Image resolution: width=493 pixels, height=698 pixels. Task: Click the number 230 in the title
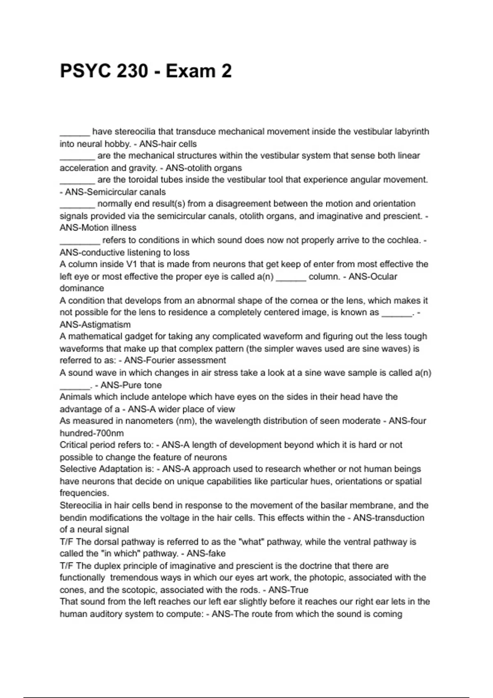132,71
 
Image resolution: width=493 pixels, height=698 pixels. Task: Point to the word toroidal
146,180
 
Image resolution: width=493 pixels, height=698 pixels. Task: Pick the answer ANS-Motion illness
98,228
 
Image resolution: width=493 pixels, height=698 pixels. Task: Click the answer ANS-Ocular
373,277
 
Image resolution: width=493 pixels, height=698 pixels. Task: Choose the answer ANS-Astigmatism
95,325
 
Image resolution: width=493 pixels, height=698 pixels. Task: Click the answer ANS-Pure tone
131,385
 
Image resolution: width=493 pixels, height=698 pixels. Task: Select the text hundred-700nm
92,433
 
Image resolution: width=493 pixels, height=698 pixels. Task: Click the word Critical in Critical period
74,445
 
